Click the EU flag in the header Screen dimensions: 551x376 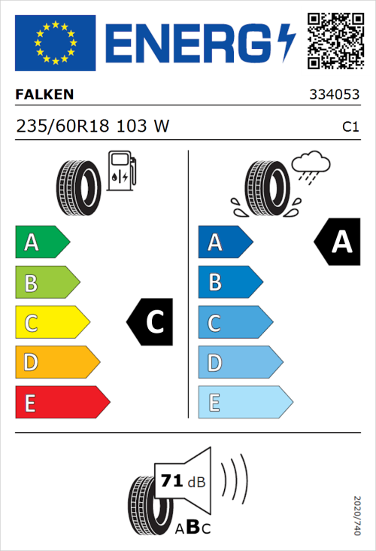[x=55, y=42]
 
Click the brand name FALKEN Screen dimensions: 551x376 [x=45, y=94]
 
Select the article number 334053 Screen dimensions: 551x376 [x=334, y=95]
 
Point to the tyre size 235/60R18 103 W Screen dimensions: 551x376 [x=92, y=127]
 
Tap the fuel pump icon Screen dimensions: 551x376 [x=122, y=171]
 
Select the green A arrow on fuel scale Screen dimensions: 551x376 [x=42, y=242]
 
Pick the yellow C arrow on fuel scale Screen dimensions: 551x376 [x=52, y=323]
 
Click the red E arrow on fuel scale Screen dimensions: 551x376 [x=62, y=403]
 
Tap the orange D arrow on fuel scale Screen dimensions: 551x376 [x=57, y=363]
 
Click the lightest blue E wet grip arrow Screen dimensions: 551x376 [x=244, y=403]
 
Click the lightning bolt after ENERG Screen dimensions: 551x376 [x=285, y=41]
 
